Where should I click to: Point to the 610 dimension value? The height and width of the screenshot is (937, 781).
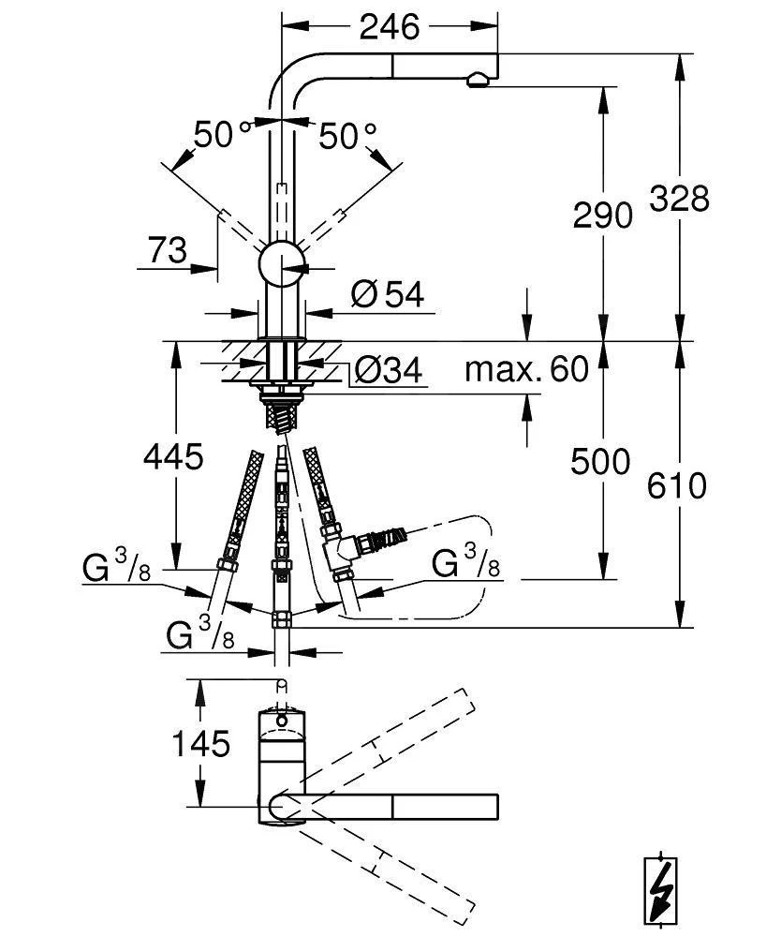pyautogui.click(x=677, y=485)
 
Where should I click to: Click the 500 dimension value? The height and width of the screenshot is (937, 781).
pyautogui.click(x=599, y=461)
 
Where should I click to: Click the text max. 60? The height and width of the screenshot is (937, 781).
pyautogui.click(x=526, y=369)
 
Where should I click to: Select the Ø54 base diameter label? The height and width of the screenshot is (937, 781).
pyautogui.click(x=387, y=295)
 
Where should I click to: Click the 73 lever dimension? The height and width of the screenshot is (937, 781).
pyautogui.click(x=168, y=250)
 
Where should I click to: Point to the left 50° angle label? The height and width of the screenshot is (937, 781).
pyautogui.click(x=223, y=136)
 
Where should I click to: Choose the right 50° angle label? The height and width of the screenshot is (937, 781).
pyautogui.click(x=347, y=137)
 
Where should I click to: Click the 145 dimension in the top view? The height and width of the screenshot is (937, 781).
pyautogui.click(x=199, y=744)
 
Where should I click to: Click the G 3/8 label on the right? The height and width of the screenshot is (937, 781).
pyautogui.click(x=465, y=565)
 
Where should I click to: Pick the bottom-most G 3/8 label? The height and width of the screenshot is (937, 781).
pyautogui.click(x=199, y=635)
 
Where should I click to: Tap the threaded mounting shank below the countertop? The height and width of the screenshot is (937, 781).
pyautogui.click(x=281, y=412)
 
